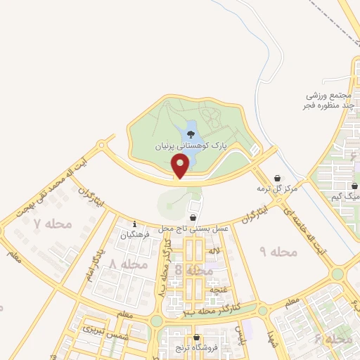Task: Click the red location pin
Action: [181, 166]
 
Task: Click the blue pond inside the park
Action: [190, 132]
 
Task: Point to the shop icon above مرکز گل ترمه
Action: [278, 178]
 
